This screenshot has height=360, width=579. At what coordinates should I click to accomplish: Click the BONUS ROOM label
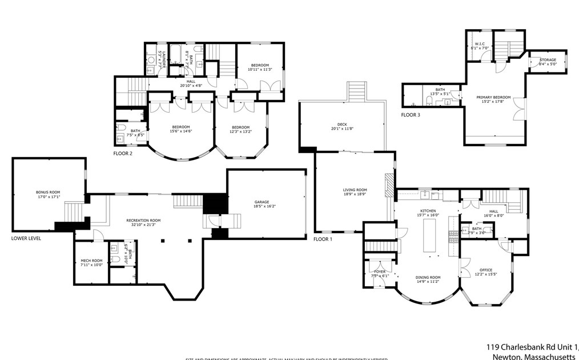[x=48, y=192]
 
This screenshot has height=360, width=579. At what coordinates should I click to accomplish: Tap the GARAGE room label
[x=262, y=202]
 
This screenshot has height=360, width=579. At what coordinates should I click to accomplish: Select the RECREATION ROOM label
[x=143, y=220]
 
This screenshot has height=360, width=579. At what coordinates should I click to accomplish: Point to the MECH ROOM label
[x=90, y=261]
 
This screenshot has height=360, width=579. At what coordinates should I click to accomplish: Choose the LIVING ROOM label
[x=355, y=190]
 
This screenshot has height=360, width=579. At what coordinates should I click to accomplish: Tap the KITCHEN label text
[x=428, y=211]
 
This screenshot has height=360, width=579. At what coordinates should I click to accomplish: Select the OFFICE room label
[x=486, y=270]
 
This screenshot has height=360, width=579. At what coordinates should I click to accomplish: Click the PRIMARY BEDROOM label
[x=493, y=97]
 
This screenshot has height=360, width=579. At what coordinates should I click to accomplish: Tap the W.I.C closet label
[x=480, y=44]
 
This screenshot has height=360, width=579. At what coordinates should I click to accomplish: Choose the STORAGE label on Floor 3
[x=548, y=59]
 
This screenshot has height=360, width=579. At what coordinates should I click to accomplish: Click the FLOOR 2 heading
[x=123, y=154]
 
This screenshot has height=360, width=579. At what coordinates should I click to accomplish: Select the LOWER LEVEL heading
[x=26, y=238]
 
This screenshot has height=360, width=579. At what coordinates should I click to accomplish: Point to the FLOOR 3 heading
[x=410, y=115]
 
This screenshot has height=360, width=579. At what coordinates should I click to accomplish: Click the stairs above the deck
[x=356, y=91]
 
